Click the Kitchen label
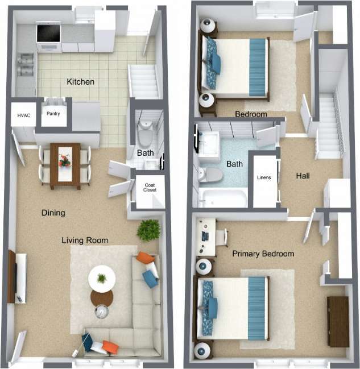(x=80, y=82)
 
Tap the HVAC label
(x=23, y=115)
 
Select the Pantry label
(x=53, y=114)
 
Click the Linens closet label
(x=264, y=177)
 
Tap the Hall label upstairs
(x=303, y=176)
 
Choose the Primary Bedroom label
(x=263, y=254)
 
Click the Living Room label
(x=85, y=241)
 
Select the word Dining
(x=53, y=213)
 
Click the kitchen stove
(x=48, y=33)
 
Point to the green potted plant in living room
(x=148, y=230)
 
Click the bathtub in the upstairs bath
(x=222, y=198)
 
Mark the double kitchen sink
(x=26, y=64)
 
